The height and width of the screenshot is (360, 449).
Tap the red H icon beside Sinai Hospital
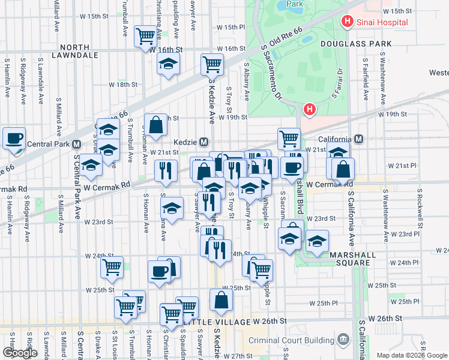click(x=347, y=22)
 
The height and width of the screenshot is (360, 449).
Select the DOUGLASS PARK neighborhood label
click(x=356, y=44)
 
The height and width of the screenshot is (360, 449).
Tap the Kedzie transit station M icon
click(x=204, y=142)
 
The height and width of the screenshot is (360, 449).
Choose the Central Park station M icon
click(x=76, y=144)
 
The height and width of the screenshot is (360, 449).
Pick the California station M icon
click(x=359, y=139)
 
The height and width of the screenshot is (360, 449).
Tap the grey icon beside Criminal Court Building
click(x=343, y=340)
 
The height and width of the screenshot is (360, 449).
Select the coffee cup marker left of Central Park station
click(x=14, y=138)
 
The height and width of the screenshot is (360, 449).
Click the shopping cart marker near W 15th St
click(x=145, y=37)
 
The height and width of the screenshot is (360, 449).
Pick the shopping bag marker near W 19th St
click(x=155, y=125)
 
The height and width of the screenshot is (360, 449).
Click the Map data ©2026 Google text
click(x=412, y=355)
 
